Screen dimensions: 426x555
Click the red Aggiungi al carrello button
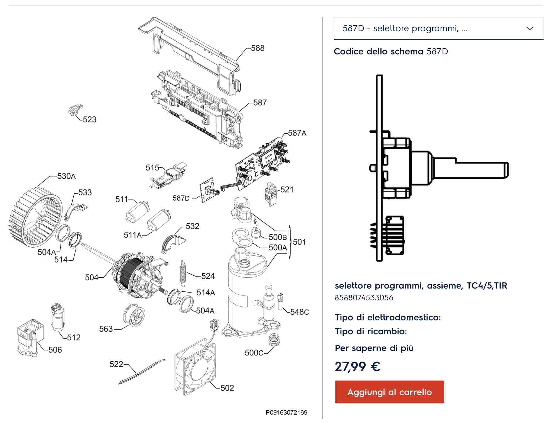(x=389, y=392)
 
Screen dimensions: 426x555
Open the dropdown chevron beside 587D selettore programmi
(x=530, y=28)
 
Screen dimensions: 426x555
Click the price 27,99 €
(x=357, y=366)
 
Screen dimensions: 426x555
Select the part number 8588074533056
(x=364, y=298)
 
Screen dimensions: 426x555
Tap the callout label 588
(x=257, y=48)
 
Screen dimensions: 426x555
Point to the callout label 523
(x=89, y=120)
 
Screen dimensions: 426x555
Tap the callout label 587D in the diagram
(x=181, y=198)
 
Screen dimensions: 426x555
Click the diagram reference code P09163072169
(x=286, y=412)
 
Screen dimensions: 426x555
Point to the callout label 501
(x=299, y=242)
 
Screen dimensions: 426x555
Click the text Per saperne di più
(x=374, y=348)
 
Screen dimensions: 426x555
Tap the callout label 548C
(x=299, y=312)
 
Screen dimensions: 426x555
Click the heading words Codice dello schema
(x=378, y=52)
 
